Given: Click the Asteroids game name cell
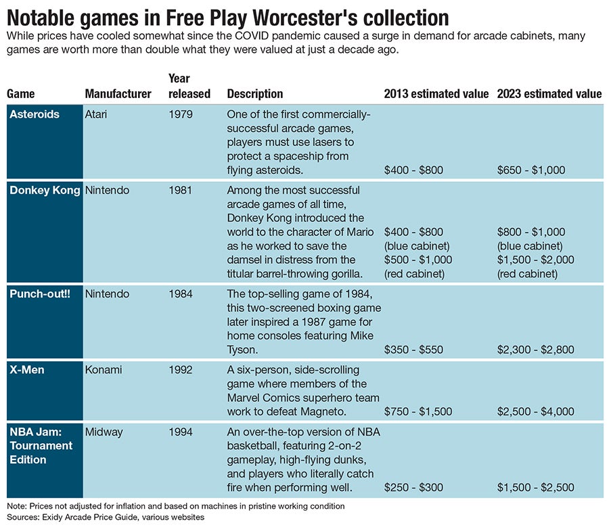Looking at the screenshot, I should coord(35,114).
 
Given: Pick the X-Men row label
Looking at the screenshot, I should coord(27,370).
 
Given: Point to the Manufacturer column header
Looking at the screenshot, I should coord(118,94).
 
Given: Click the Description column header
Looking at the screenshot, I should coord(255,94).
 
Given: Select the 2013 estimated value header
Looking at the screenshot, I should coord(436,94).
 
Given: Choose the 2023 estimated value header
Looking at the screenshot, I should coord(549,94).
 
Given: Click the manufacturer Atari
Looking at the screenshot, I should coord(97,114).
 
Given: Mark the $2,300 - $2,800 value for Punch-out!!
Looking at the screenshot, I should coord(535,350).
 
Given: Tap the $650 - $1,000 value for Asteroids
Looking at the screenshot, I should coord(531,170).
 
